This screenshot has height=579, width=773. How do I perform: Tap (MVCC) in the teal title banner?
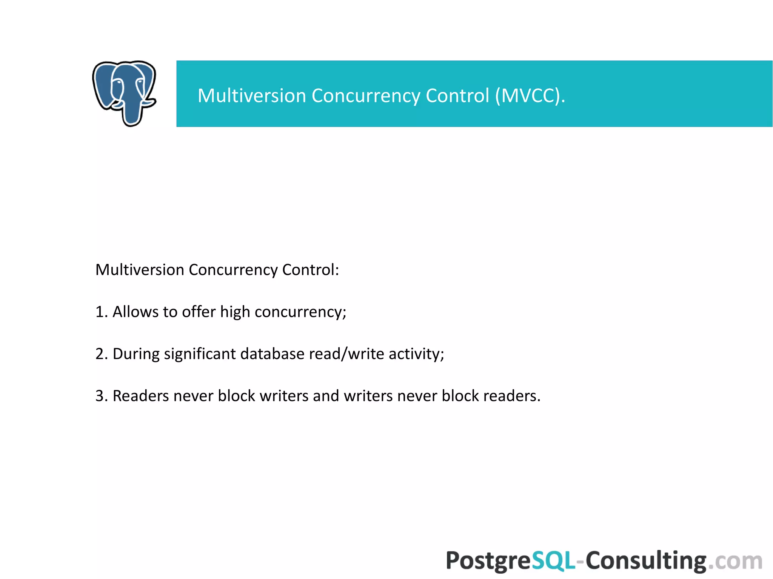530,96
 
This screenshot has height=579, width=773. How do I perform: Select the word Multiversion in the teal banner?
251,96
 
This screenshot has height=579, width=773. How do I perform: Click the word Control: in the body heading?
310,270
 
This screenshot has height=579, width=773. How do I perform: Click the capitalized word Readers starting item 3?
141,396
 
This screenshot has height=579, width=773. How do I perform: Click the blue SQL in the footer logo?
553,561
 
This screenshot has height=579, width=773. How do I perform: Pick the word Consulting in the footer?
645,561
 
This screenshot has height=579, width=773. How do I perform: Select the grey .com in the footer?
735,561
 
